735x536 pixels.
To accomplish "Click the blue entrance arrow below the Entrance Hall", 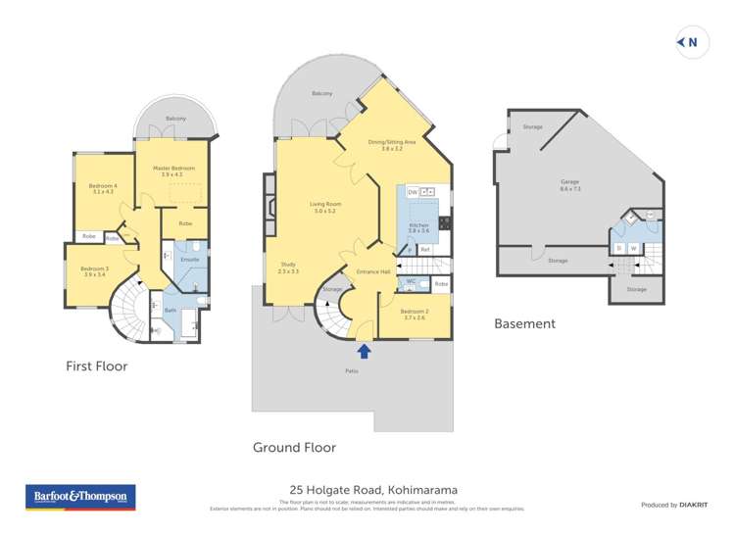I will coord(365,351).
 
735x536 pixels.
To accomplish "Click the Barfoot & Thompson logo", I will coord(80,498).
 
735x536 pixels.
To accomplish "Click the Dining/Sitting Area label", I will coord(392,143).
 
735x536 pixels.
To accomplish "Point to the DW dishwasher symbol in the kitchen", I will coord(413,191).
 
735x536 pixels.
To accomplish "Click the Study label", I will coord(287,266).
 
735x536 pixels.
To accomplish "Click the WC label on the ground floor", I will coord(412,281).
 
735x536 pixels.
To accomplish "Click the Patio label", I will coord(350,371).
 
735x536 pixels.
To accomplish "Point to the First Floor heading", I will coord(96,366).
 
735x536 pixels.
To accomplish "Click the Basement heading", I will coord(524,323).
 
